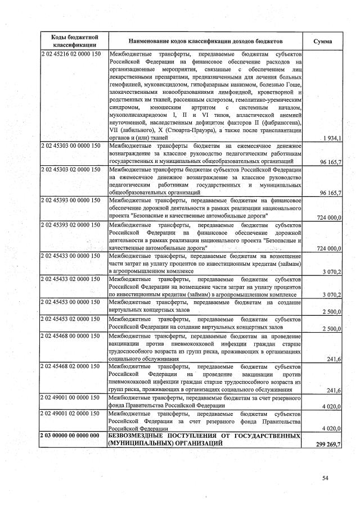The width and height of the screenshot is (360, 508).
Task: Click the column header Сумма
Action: click(x=323, y=41)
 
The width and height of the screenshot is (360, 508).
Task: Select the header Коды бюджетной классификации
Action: click(x=71, y=40)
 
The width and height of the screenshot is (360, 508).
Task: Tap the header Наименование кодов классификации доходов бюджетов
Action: click(x=205, y=41)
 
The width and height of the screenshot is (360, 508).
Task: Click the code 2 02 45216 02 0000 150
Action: click(x=71, y=55)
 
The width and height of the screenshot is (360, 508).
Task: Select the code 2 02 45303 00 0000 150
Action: click(x=71, y=146)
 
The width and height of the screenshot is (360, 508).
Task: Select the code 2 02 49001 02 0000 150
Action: click(x=71, y=414)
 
